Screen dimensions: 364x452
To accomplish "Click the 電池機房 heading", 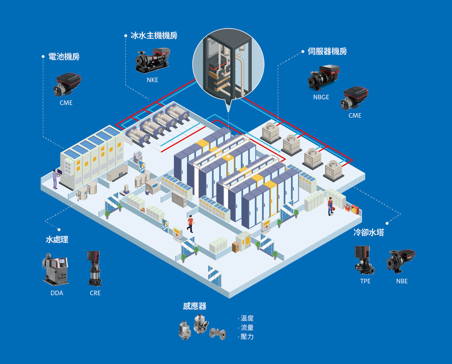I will [x=64, y=57].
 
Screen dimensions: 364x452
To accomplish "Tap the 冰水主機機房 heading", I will [x=154, y=36].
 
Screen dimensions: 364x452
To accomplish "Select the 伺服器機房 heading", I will [x=327, y=51].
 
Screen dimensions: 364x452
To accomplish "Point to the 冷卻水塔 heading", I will [x=369, y=233].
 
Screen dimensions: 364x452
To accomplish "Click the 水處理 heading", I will [x=57, y=240].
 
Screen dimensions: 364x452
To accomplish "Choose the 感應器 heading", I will [x=195, y=306].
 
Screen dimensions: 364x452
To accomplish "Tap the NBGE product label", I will [x=321, y=97].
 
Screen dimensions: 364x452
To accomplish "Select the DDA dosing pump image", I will [x=56, y=270].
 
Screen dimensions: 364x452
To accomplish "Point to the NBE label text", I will [x=402, y=281].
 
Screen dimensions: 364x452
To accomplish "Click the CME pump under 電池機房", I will [x=67, y=85].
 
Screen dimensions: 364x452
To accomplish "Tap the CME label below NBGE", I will [x=355, y=115].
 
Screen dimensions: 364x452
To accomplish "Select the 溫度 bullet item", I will [x=247, y=318].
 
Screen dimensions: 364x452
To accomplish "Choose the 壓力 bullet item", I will [x=247, y=337].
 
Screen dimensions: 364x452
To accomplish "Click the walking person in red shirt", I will [x=191, y=224].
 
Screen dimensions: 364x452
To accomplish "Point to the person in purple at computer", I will [x=55, y=179].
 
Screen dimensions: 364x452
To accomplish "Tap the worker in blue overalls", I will [x=330, y=206].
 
